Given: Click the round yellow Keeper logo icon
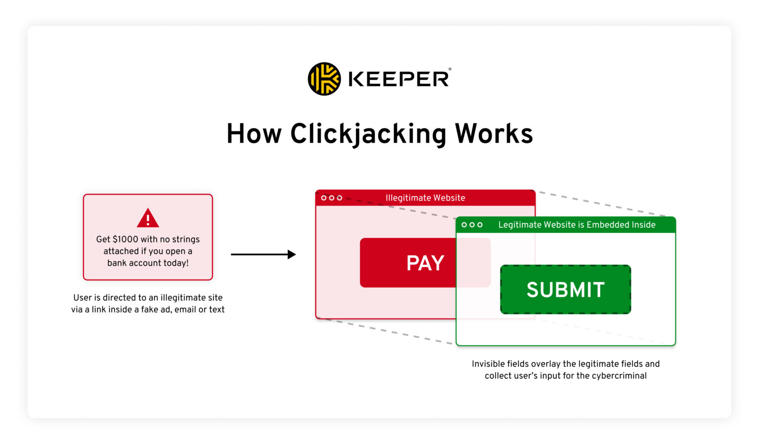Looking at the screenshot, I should (x=324, y=79).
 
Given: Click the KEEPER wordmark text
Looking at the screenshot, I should (x=399, y=79).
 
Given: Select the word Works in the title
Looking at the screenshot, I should (x=494, y=134).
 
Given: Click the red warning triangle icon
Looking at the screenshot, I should (x=148, y=218).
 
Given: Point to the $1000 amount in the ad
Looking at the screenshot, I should (x=126, y=239).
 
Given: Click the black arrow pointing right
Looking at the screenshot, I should (x=263, y=254).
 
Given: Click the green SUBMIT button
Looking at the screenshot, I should (x=565, y=289).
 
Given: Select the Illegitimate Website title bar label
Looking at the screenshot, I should (x=425, y=198).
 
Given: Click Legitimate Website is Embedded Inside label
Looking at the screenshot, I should (x=577, y=225).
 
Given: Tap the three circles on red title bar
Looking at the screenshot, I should (x=332, y=198).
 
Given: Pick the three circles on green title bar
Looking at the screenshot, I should (x=472, y=225).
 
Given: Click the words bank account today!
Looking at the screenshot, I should (x=148, y=263).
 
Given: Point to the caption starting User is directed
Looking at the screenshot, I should (x=148, y=303).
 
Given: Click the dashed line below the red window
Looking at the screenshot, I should (x=385, y=331).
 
